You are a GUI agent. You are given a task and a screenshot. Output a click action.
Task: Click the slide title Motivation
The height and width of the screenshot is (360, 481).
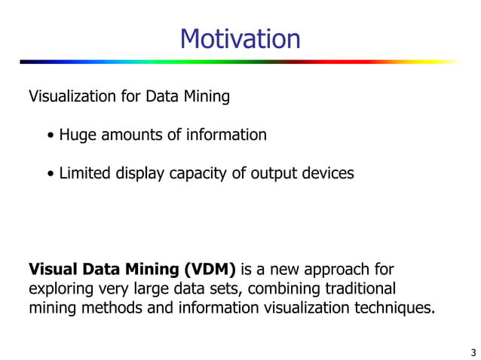(240, 38)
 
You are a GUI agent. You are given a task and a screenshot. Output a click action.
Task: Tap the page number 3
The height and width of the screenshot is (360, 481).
(472, 352)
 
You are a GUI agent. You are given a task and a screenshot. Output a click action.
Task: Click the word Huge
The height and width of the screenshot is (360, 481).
(76, 136)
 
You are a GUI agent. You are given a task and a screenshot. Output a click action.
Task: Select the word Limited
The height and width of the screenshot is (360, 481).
(85, 173)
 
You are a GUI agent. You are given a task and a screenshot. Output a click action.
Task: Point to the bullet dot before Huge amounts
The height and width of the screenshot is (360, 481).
(50, 136)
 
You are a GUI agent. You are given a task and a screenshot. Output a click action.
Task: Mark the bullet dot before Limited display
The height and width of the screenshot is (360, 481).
(50, 174)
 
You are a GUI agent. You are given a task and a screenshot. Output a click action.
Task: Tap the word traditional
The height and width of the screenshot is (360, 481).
(358, 288)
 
